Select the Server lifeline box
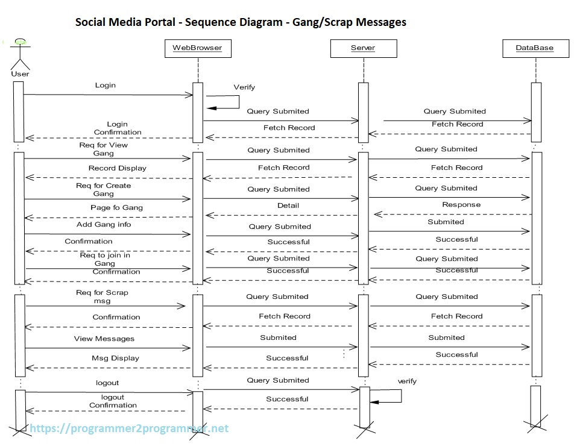pyautogui.click(x=363, y=48)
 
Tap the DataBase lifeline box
pyautogui.click(x=534, y=48)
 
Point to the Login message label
pyautogui.click(x=105, y=86)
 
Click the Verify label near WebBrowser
pyautogui.click(x=244, y=87)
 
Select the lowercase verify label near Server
pyautogui.click(x=407, y=382)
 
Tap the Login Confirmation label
pyautogui.click(x=118, y=128)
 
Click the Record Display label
pyautogui.click(x=117, y=168)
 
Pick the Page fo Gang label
pyautogui.click(x=117, y=208)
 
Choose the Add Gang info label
pyautogui.click(x=104, y=225)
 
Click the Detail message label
pyautogui.click(x=288, y=206)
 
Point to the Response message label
pyautogui.click(x=461, y=205)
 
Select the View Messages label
pyautogui.click(x=104, y=339)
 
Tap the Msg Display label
pyautogui.click(x=115, y=358)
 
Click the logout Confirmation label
pyautogui.click(x=113, y=401)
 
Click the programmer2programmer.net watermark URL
pyautogui.click(x=129, y=429)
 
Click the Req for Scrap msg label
pyautogui.click(x=102, y=297)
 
